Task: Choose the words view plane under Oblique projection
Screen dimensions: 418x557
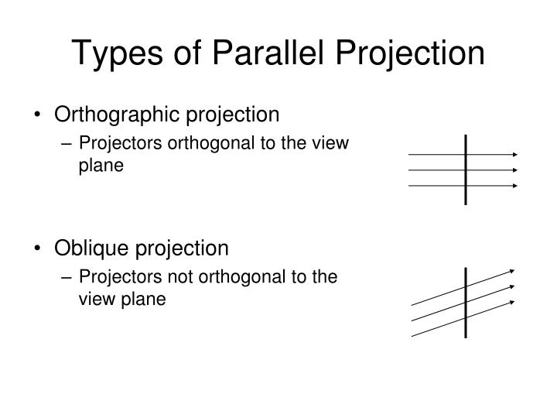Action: tap(122, 300)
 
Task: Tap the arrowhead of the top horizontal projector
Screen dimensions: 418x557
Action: tap(513, 154)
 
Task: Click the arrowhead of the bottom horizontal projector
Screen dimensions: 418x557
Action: tap(513, 186)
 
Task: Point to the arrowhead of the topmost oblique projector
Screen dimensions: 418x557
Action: tap(511, 271)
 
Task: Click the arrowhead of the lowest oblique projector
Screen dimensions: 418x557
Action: tap(511, 301)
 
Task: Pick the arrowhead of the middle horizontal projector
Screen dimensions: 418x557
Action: tap(513, 170)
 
